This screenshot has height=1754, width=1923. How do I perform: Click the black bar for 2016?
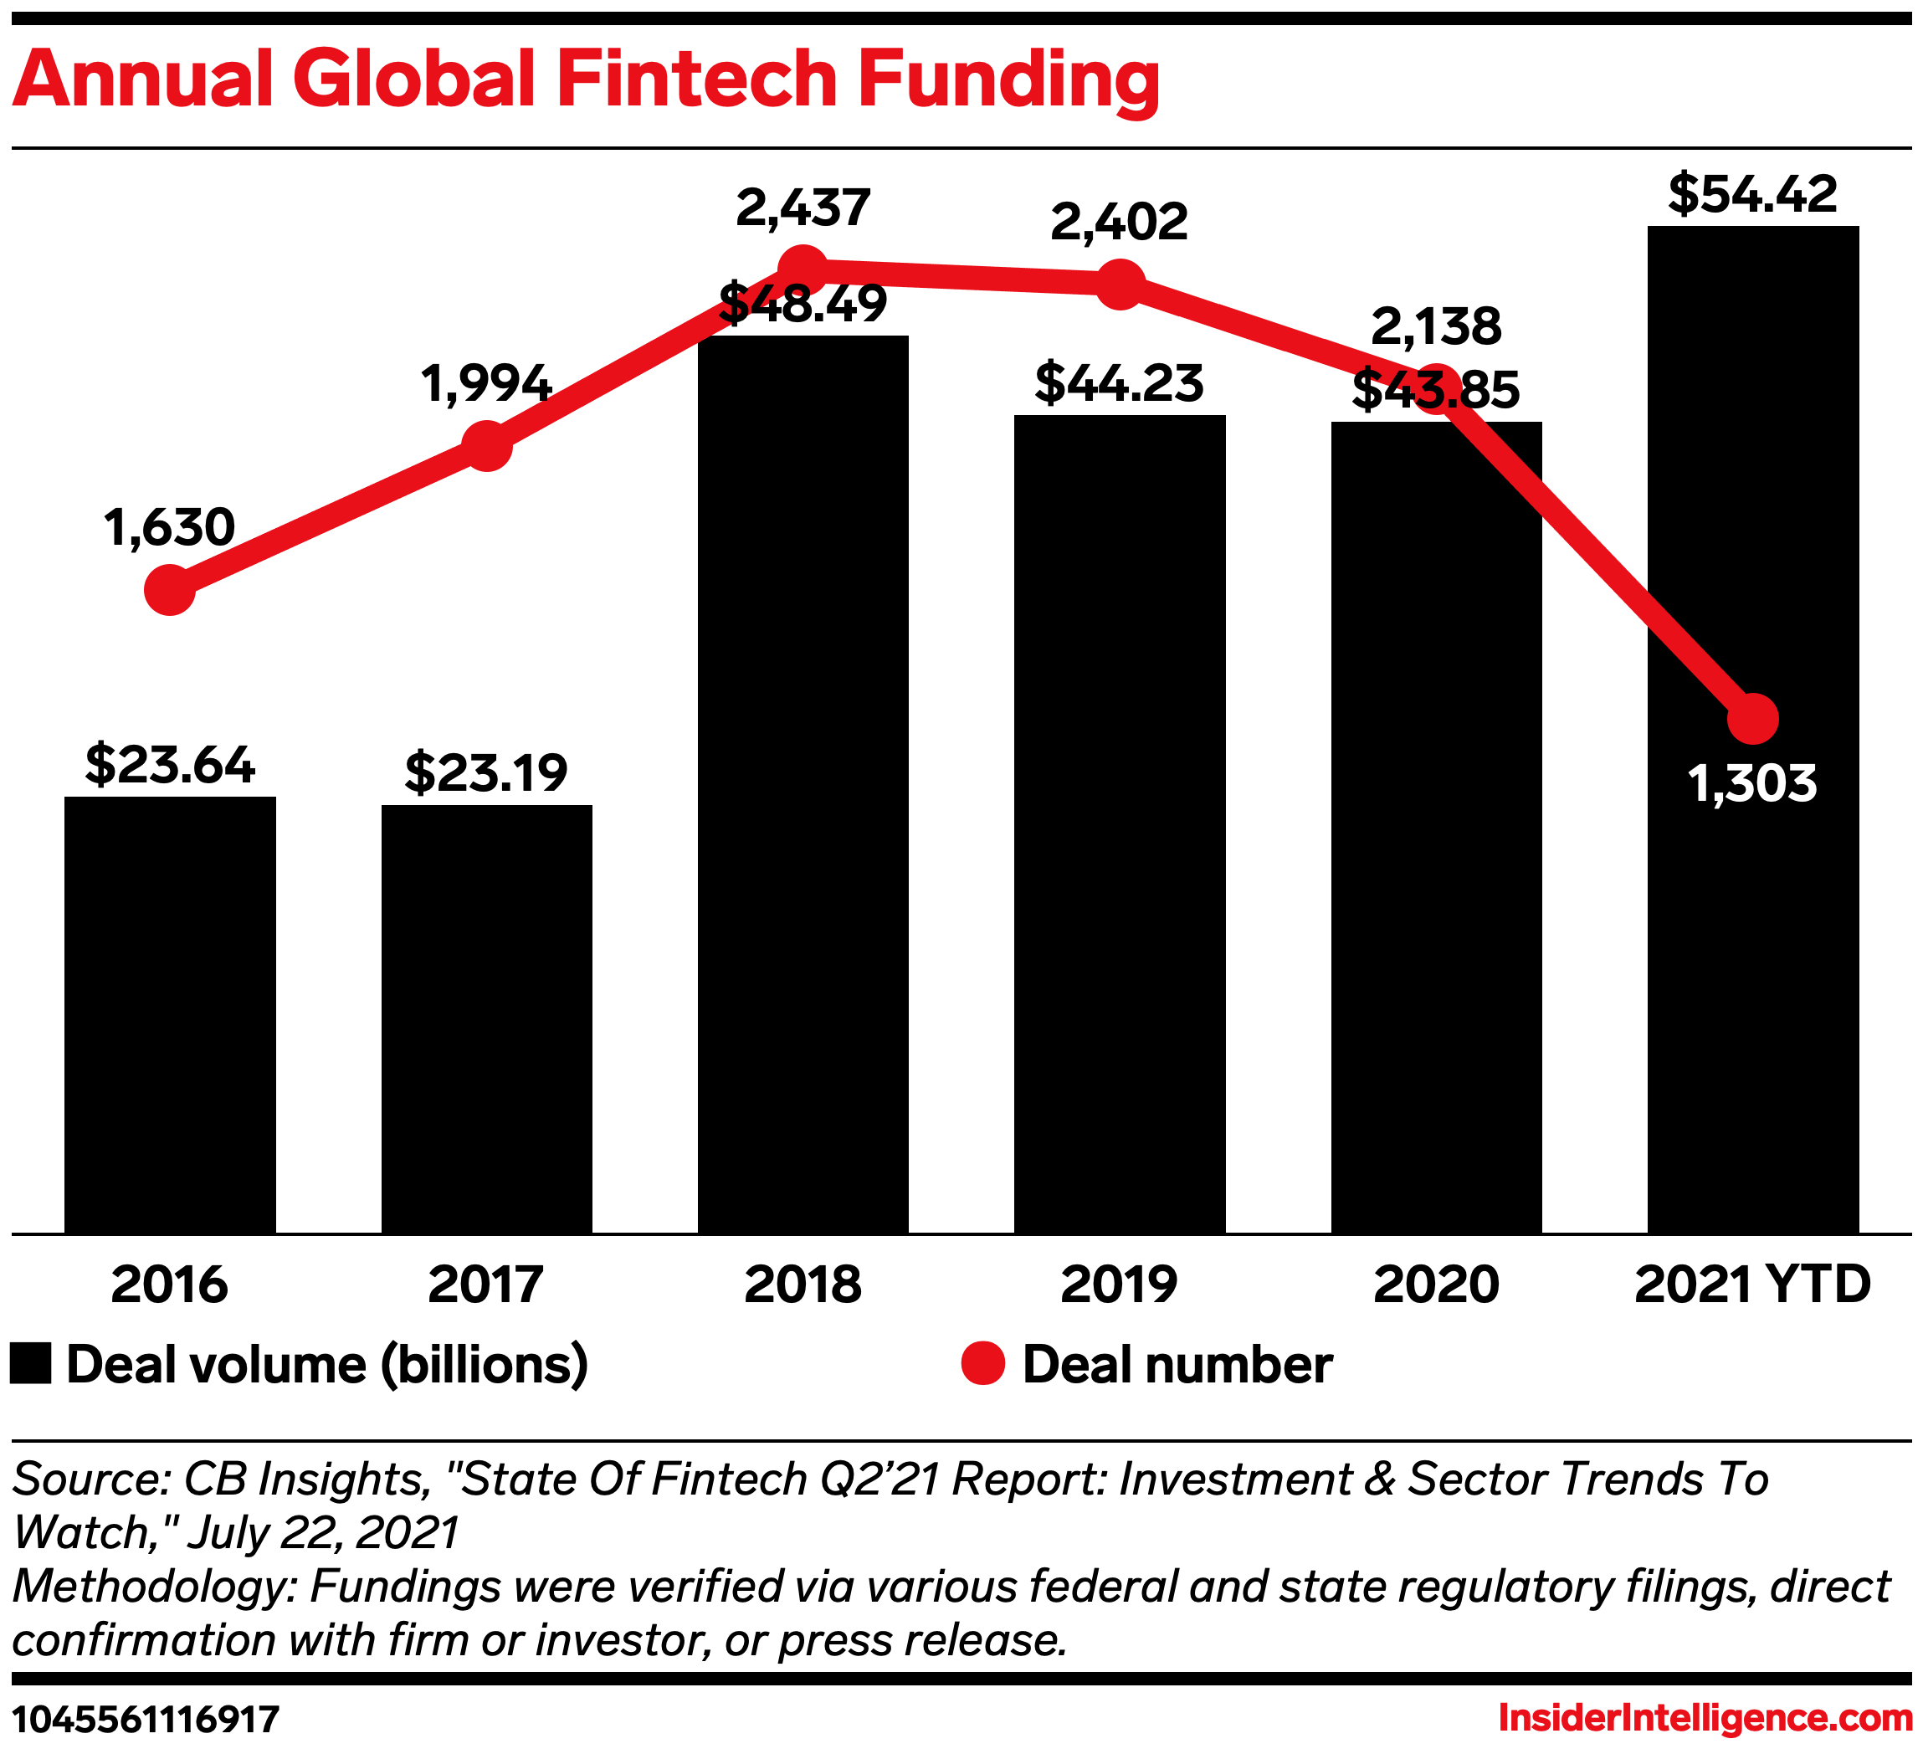(x=170, y=1015)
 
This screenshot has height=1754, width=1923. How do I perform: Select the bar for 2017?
(x=486, y=1018)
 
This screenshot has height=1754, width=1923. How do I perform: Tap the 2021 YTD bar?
(x=1753, y=730)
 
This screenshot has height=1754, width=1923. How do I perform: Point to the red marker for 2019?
(x=1120, y=285)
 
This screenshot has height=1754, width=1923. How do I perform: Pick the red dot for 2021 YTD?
(x=1753, y=719)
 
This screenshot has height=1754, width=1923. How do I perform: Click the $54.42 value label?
(x=1753, y=193)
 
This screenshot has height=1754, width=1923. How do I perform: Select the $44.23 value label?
(x=1120, y=382)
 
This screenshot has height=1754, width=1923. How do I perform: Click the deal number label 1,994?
(x=486, y=384)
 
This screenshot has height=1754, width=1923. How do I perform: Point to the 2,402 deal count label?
(x=1120, y=223)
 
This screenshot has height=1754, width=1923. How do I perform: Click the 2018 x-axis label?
(x=803, y=1285)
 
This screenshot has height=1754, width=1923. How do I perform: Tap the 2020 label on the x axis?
(x=1437, y=1285)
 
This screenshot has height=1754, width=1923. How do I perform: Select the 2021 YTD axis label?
(x=1753, y=1285)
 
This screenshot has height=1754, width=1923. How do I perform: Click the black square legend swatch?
(x=30, y=1364)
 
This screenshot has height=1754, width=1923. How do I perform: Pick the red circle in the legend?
(x=982, y=1364)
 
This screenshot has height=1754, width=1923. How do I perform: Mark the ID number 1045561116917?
(x=146, y=1720)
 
